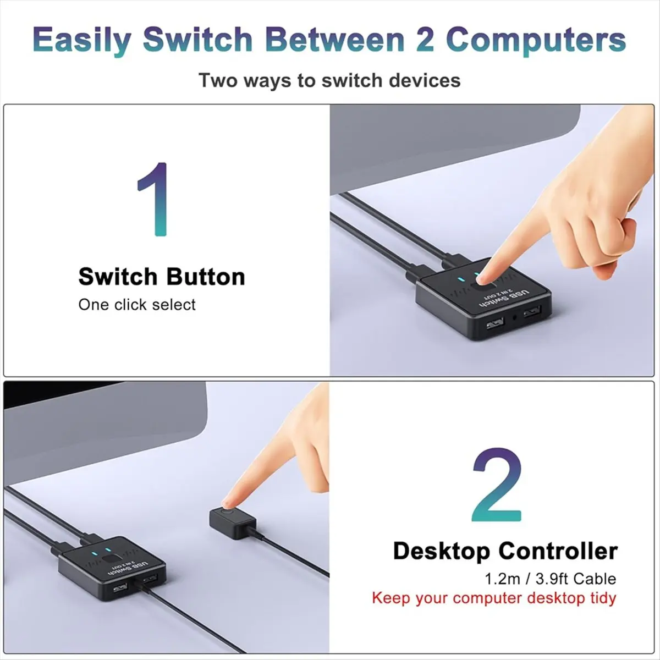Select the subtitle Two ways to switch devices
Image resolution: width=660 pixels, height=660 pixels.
coord(329,80)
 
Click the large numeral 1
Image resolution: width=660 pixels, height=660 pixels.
coord(153,200)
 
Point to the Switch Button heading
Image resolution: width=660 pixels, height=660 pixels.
coord(162,277)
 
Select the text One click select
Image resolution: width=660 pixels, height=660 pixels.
coord(137,305)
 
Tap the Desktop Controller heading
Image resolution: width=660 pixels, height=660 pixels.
coord(505,551)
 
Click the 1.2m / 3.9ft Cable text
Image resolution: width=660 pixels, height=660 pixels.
coord(550,578)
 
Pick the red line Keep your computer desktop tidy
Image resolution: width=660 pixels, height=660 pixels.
coord(494,598)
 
